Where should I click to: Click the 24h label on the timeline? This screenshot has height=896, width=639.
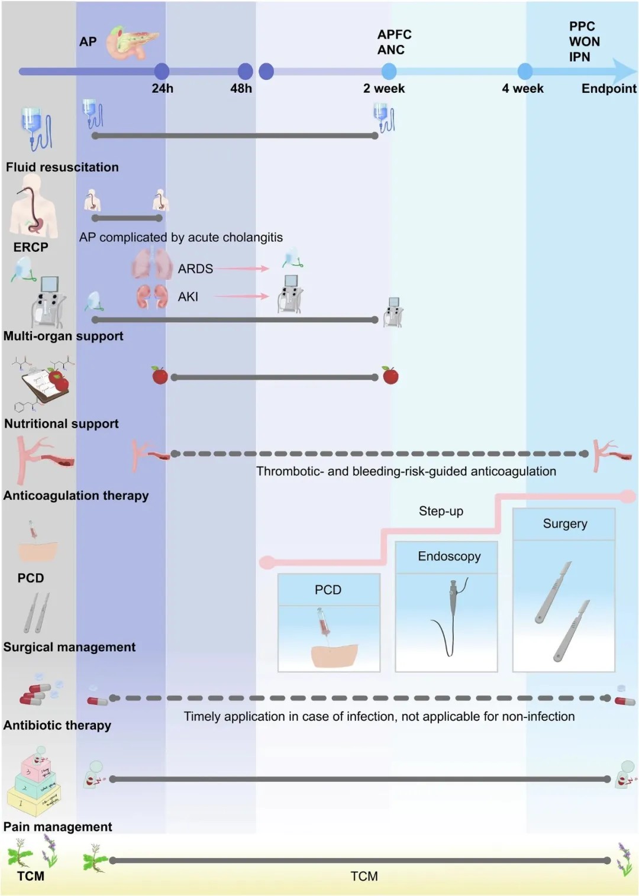[x=162, y=89]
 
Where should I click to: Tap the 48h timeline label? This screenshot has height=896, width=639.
[x=241, y=89]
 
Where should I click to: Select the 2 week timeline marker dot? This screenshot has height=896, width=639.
[x=389, y=72]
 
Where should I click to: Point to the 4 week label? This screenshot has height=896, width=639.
[x=522, y=89]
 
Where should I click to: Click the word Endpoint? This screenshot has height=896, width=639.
[x=609, y=89]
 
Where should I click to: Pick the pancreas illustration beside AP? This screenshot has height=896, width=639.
[x=133, y=43]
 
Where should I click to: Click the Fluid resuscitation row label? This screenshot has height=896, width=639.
[x=62, y=167]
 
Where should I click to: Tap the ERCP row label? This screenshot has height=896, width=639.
[x=31, y=247]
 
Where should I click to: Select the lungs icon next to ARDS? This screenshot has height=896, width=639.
[x=151, y=264]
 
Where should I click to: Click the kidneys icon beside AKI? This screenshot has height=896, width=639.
[x=152, y=296]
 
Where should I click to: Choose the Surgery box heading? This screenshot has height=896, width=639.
[x=565, y=524]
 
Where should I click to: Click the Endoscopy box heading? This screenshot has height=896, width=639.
[x=449, y=557]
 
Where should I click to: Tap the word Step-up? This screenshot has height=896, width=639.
[x=441, y=511]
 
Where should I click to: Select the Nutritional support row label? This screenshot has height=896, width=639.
[x=62, y=424]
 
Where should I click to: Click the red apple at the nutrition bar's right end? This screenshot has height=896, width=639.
[x=390, y=376]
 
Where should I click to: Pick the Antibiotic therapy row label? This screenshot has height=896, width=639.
[x=57, y=726]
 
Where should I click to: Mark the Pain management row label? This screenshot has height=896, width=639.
[x=57, y=827]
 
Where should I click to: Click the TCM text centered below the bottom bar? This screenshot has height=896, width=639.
[x=364, y=876]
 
